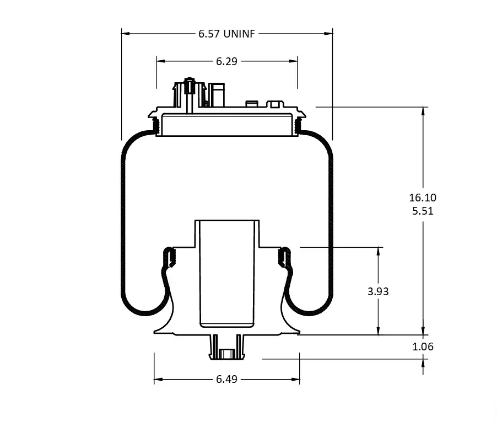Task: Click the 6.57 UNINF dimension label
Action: [226, 34]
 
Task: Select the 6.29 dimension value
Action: [226, 61]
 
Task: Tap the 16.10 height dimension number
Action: [423, 198]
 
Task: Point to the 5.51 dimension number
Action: [423, 211]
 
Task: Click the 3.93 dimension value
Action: [378, 291]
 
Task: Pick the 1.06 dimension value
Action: [423, 347]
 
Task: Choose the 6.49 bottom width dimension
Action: [226, 379]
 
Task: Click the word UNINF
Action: [239, 34]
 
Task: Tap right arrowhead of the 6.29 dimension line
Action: [294, 61]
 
